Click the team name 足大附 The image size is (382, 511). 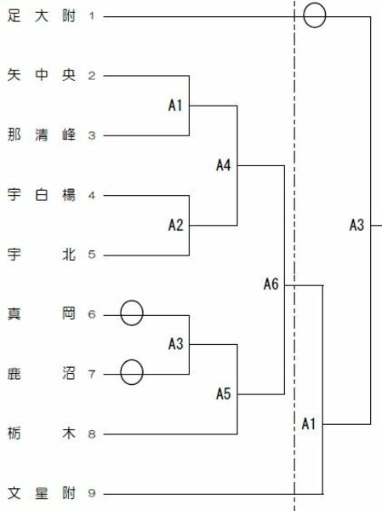(x=42, y=15)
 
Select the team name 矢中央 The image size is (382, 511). (x=42, y=75)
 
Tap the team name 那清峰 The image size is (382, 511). (x=42, y=135)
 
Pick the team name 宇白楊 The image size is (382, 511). (x=42, y=195)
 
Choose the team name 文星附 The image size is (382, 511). (x=42, y=493)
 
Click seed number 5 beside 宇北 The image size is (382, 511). (x=92, y=255)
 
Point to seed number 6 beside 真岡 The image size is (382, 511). (x=92, y=314)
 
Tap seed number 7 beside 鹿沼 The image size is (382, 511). (x=92, y=374)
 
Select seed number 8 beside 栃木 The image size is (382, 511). (x=92, y=433)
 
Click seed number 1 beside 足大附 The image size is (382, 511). (x=92, y=15)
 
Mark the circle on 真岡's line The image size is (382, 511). (x=121, y=313)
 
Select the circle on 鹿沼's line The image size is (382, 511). (x=121, y=372)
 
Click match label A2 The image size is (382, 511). (x=176, y=225)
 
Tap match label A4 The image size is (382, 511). (x=224, y=165)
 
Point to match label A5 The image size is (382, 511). (x=224, y=394)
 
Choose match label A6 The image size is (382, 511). (x=271, y=284)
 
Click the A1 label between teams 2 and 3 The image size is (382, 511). (x=175, y=106)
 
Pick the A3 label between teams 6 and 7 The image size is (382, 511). (x=176, y=344)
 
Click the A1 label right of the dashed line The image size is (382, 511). (x=308, y=424)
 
